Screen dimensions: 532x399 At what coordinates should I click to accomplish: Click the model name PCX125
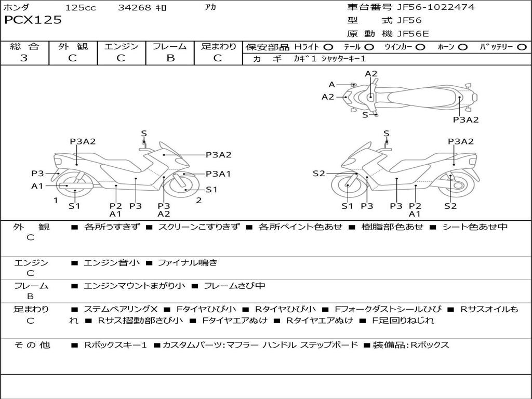click(33, 20)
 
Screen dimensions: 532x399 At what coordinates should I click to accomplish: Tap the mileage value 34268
click(135, 8)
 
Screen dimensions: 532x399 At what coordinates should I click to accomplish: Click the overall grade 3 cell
click(24, 58)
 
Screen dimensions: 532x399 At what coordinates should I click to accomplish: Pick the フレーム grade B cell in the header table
click(170, 58)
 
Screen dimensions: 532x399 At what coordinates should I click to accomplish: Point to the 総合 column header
click(24, 47)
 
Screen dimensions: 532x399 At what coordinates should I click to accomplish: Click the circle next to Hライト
click(328, 47)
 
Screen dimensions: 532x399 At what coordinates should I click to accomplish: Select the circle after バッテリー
click(522, 47)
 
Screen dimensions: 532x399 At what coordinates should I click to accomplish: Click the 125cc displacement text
click(81, 8)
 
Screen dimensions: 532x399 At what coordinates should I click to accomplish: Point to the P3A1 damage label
click(218, 174)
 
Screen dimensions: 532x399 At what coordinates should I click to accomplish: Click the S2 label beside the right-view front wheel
click(318, 174)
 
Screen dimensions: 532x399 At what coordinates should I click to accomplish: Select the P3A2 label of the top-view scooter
click(465, 119)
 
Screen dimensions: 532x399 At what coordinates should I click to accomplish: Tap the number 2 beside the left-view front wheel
click(199, 201)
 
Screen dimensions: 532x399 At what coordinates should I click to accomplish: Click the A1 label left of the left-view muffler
click(37, 186)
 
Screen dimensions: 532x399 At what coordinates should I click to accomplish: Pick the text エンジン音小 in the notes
click(111, 263)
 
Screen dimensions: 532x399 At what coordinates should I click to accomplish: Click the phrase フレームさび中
click(234, 286)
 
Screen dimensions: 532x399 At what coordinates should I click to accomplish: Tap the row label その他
click(32, 345)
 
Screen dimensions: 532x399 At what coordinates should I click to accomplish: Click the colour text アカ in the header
click(211, 8)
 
